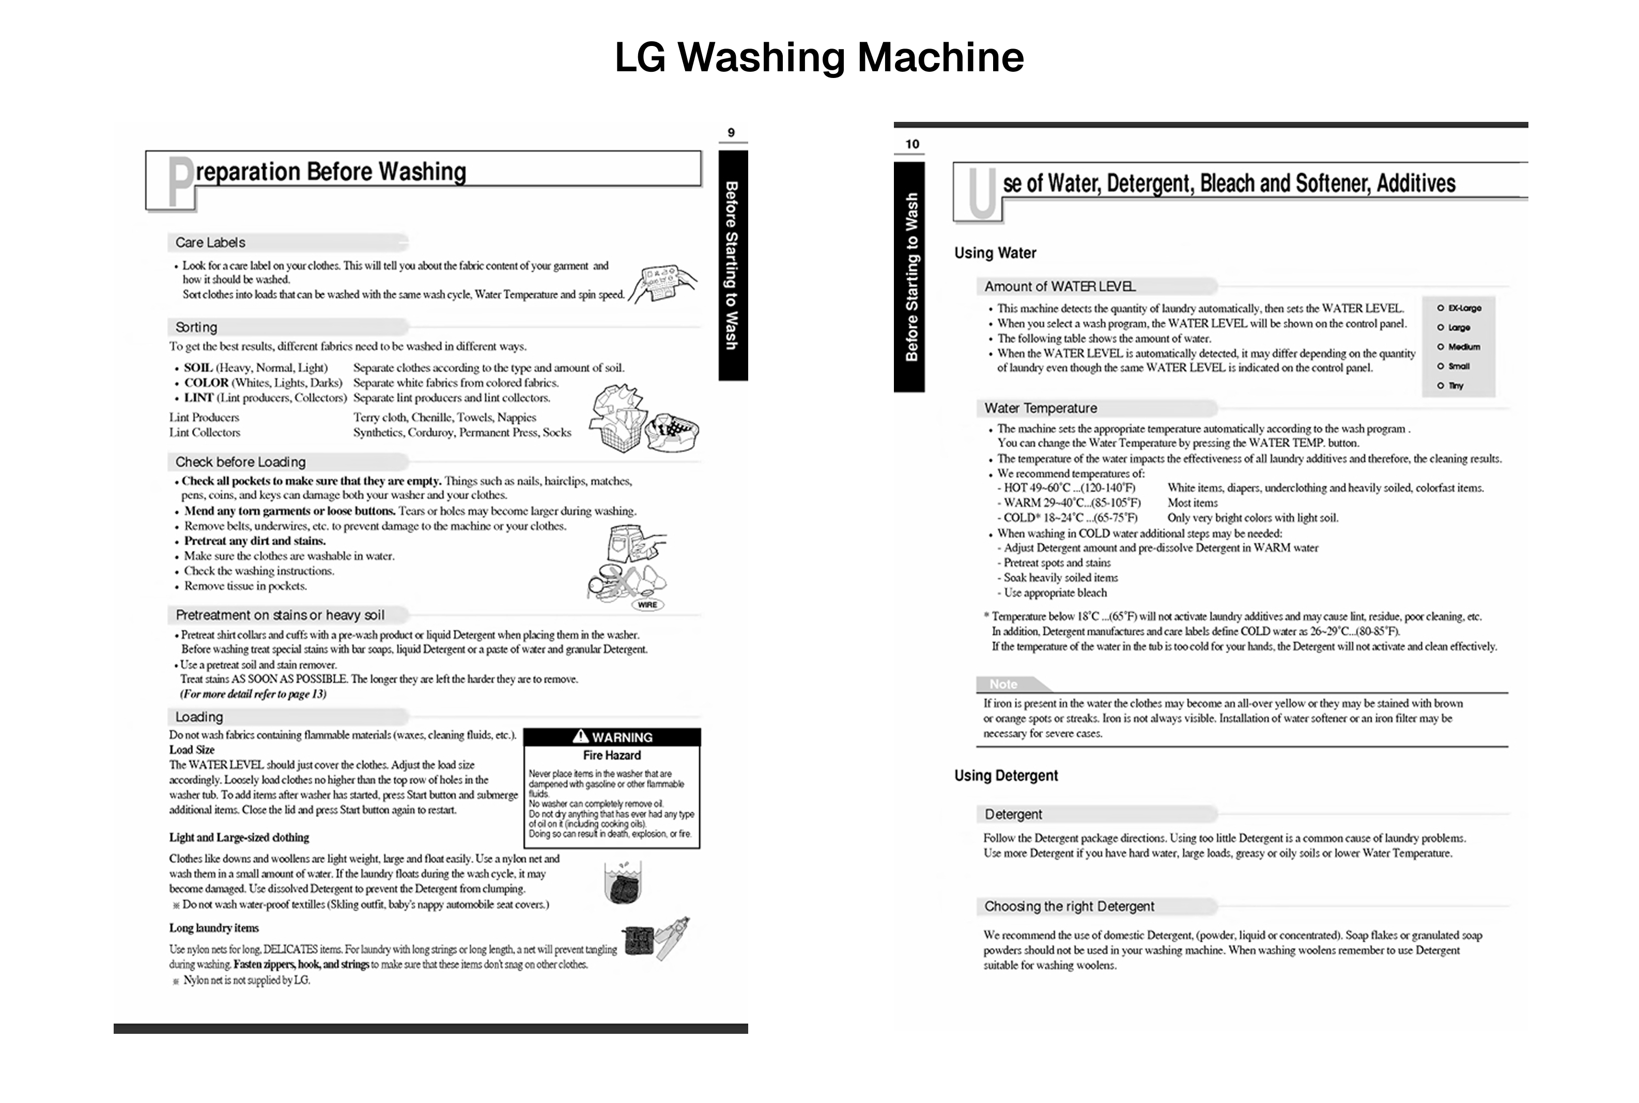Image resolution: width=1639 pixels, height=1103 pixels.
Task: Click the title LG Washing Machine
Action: pos(818,58)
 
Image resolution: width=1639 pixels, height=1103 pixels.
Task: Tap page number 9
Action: pos(731,132)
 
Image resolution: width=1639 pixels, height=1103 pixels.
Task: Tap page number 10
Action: pos(912,144)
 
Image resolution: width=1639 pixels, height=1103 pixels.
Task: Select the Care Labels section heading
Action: pos(210,243)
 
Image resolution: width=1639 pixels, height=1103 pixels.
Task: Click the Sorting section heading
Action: pos(196,327)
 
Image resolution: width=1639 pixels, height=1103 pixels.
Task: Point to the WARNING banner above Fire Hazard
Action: pos(612,736)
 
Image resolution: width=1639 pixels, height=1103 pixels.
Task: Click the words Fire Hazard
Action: pos(612,755)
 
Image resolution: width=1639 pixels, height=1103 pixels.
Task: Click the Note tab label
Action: pos(1003,684)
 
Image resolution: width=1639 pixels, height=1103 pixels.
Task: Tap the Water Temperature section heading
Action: pos(1040,408)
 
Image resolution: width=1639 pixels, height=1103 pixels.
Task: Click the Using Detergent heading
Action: pos(1006,775)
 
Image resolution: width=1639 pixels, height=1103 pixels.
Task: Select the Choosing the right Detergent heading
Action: pos(1069,907)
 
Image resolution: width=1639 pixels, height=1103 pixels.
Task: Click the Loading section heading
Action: pos(199,717)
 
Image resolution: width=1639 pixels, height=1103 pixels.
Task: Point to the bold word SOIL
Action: pos(198,368)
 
